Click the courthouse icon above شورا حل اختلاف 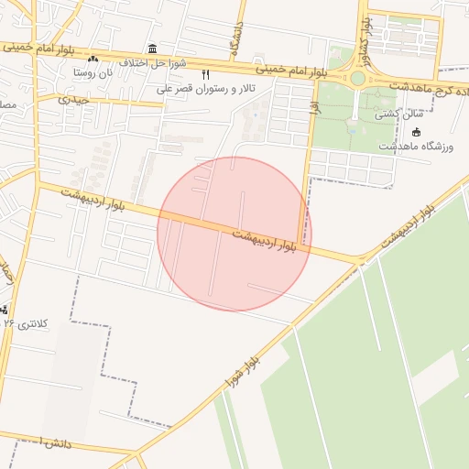pos(151,49)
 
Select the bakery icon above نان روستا pos(93,59)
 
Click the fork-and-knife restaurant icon pos(205,74)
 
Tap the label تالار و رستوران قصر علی pos(200,88)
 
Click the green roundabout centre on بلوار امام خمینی pos(357,79)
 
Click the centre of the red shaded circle pos(234,234)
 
